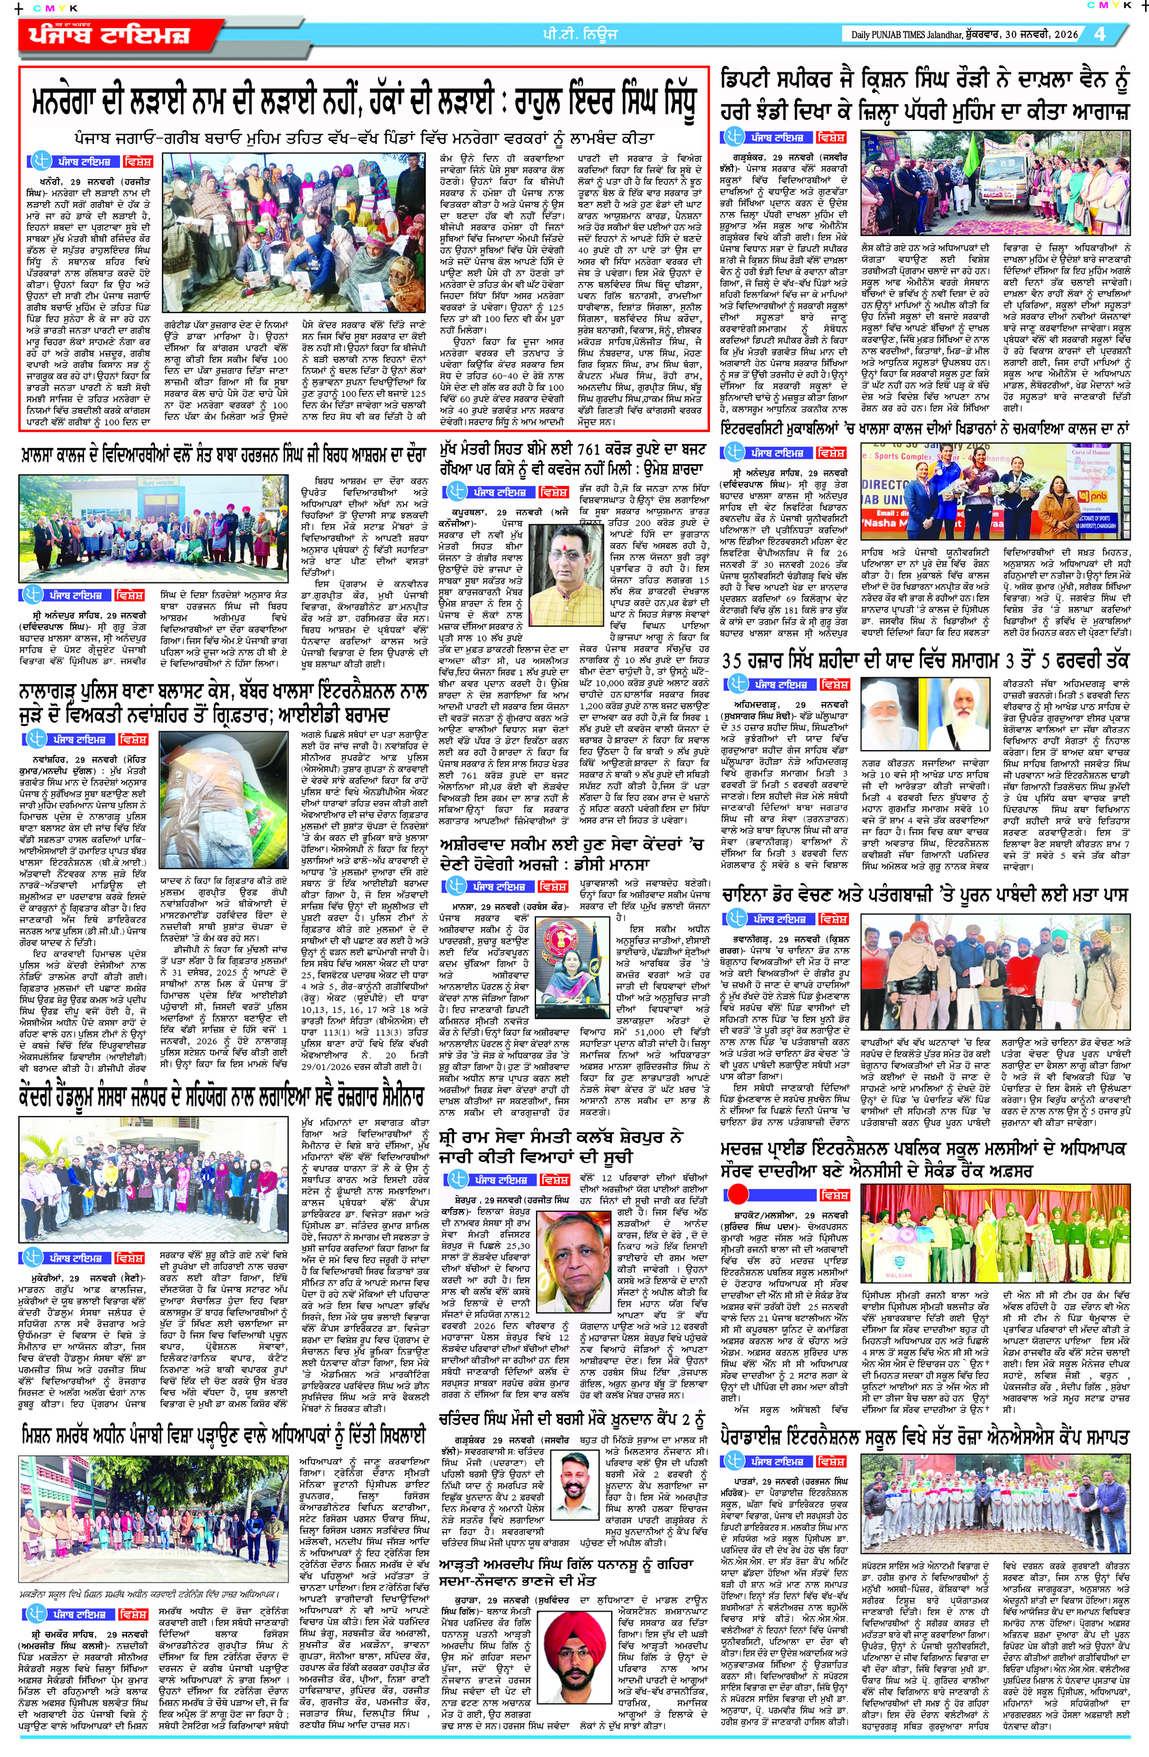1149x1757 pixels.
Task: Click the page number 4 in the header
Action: [x=1100, y=34]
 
